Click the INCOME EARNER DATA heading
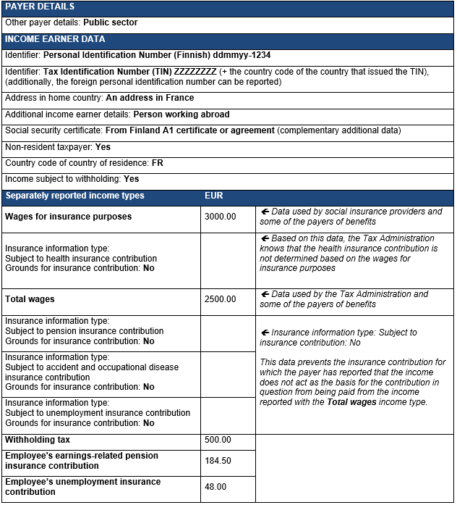click(x=54, y=39)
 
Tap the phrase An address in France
click(x=150, y=98)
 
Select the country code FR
click(x=158, y=163)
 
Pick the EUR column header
click(x=214, y=196)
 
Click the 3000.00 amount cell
click(x=221, y=217)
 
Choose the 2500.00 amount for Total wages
click(x=221, y=299)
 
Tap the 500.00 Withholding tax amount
click(x=218, y=440)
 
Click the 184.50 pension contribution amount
click(x=218, y=461)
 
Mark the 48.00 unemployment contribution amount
click(x=215, y=487)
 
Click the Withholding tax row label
click(x=38, y=440)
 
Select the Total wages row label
click(x=30, y=299)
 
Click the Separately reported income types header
click(x=74, y=196)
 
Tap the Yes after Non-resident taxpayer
click(x=103, y=147)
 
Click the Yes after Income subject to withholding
click(x=132, y=179)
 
